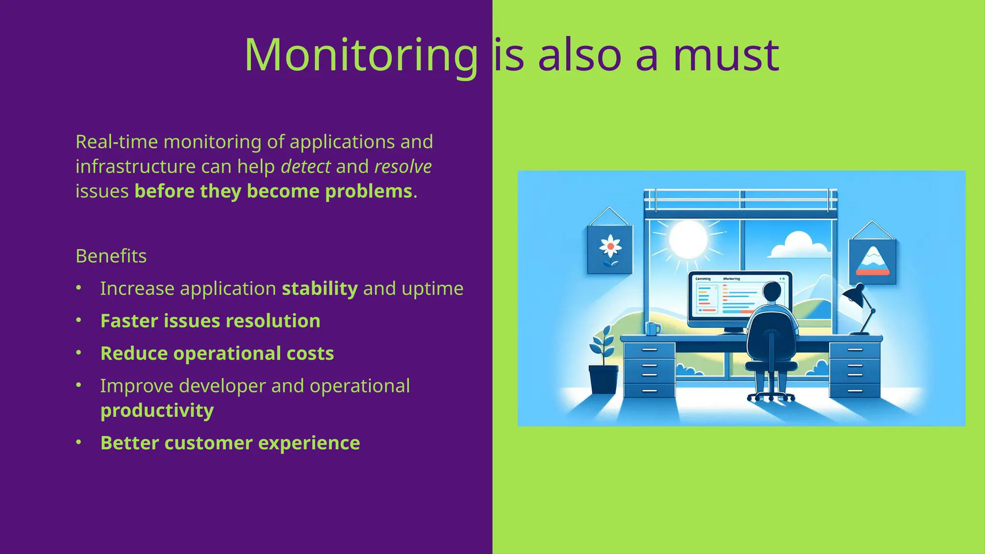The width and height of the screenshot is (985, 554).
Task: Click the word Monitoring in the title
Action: (361, 56)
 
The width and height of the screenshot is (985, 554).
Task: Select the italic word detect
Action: (305, 167)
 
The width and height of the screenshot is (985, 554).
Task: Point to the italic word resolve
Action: (403, 167)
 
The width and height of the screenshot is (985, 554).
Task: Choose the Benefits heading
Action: (111, 256)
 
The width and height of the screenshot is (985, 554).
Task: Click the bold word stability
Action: (319, 289)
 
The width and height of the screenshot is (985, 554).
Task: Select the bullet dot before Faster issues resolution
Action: (79, 320)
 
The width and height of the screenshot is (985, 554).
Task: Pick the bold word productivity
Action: (157, 411)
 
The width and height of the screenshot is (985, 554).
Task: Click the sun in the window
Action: (688, 239)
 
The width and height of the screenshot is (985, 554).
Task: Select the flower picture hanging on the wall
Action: (610, 249)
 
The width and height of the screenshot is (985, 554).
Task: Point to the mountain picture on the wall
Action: (872, 262)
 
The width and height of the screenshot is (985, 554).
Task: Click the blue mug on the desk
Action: (652, 329)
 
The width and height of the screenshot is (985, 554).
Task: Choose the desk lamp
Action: (859, 308)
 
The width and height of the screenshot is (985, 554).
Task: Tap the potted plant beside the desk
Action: (603, 365)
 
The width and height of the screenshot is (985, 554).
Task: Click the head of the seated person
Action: (773, 292)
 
